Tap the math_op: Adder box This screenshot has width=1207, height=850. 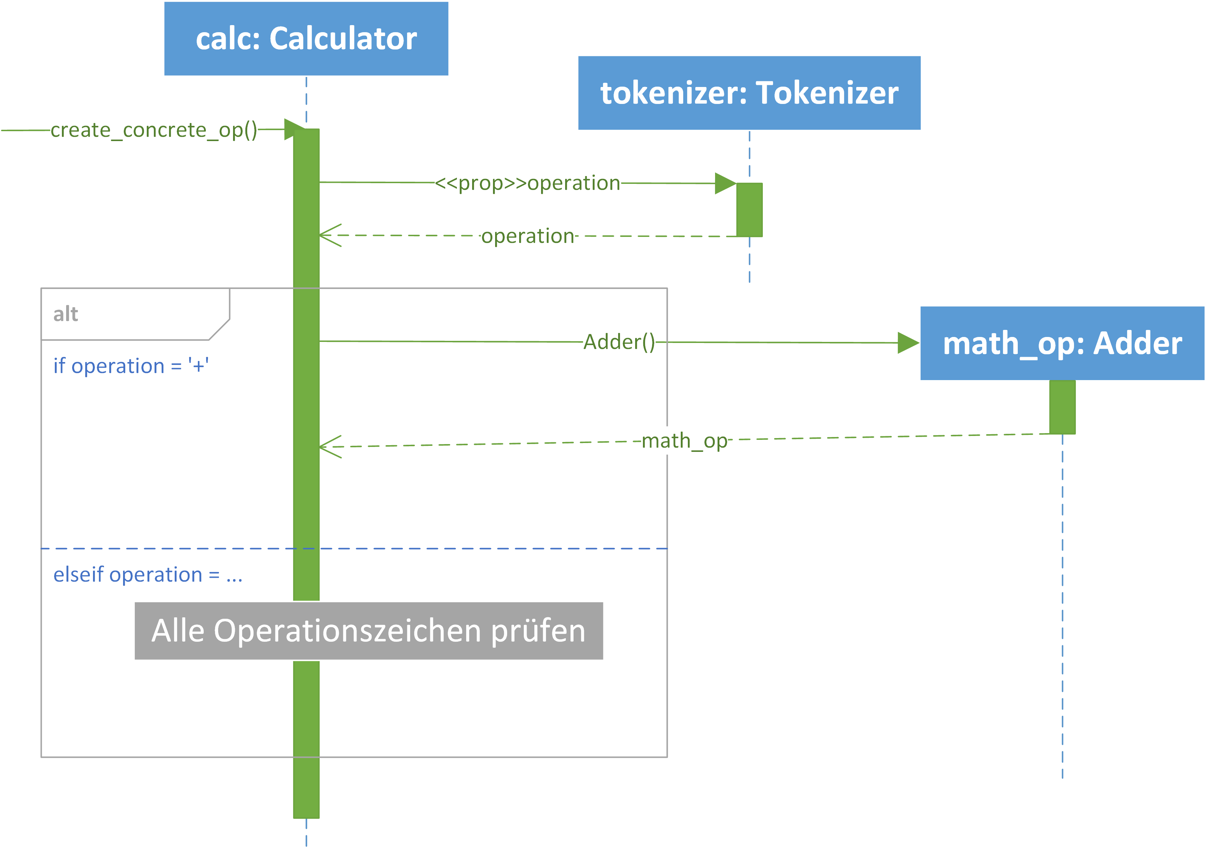1062,343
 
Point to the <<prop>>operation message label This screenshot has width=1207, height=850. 528,183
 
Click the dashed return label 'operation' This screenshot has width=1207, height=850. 528,236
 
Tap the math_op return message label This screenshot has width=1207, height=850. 684,441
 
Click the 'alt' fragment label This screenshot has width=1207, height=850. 66,314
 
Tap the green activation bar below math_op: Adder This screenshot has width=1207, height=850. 1062,407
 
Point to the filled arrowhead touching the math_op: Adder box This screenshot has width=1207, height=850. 909,343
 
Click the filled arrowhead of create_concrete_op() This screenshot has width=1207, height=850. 294,129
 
